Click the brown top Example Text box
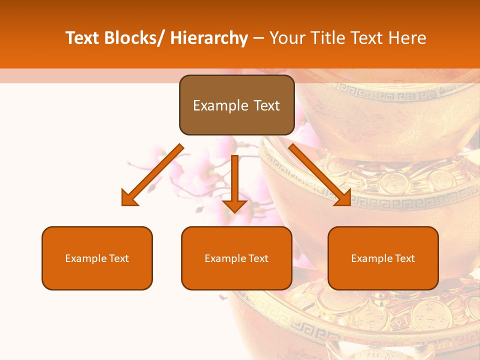(x=236, y=105)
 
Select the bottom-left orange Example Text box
(x=97, y=258)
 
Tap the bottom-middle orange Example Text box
(x=236, y=258)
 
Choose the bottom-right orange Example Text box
(x=383, y=258)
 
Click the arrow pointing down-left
(x=152, y=175)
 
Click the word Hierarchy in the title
(x=208, y=38)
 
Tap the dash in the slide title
(x=258, y=38)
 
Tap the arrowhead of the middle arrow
(x=235, y=205)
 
